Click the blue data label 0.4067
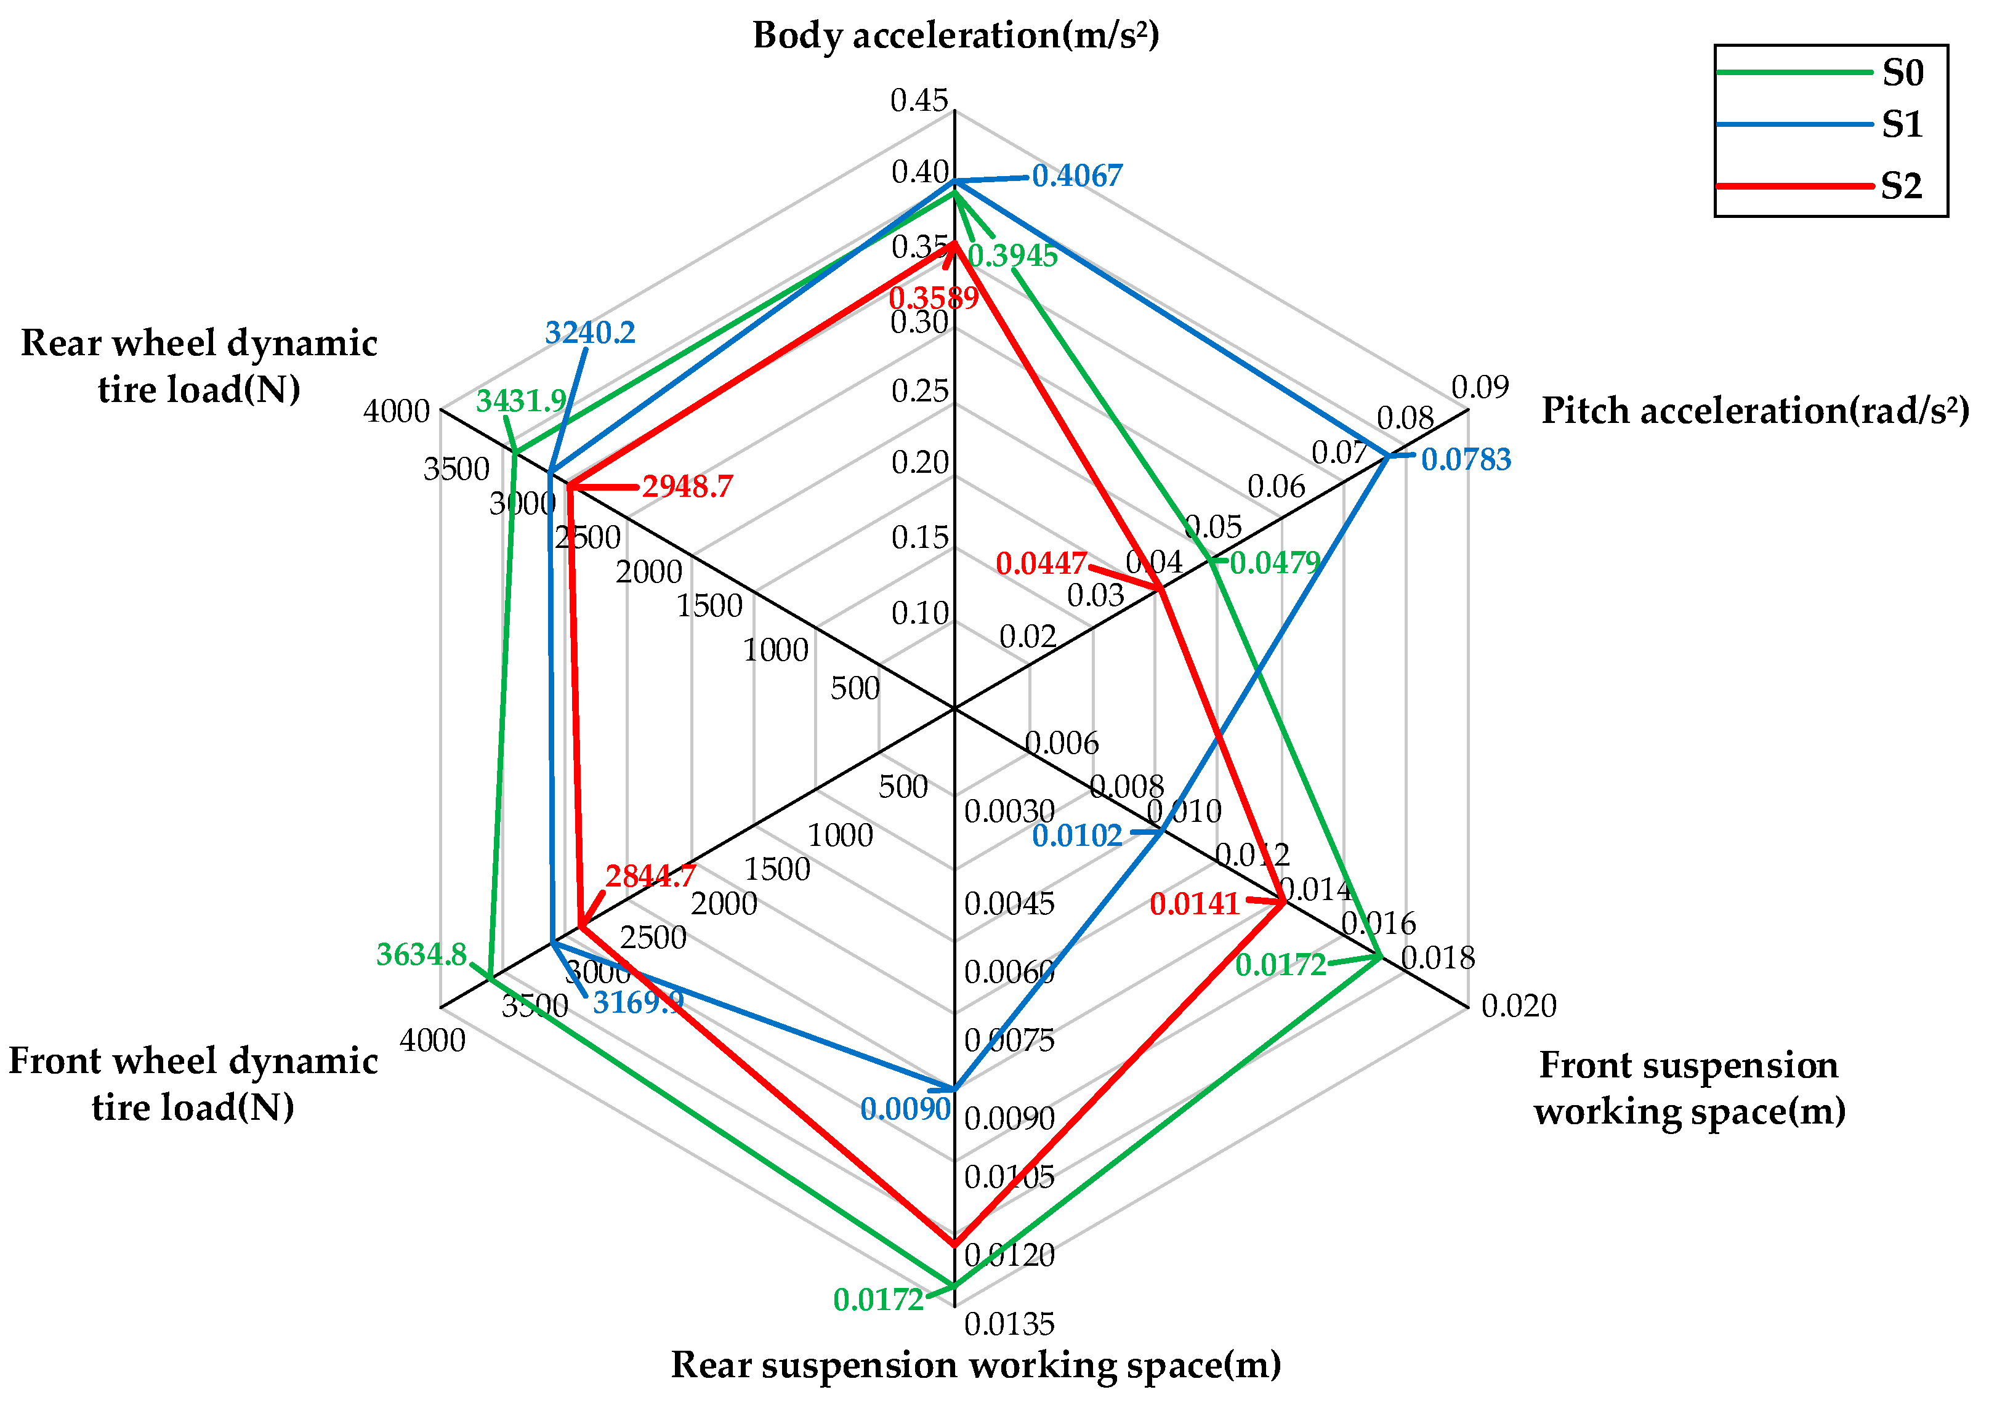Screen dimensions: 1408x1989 click(x=1077, y=176)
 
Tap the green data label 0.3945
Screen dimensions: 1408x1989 click(x=1013, y=255)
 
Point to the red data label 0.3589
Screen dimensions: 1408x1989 click(x=934, y=298)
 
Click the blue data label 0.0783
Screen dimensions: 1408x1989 click(x=1466, y=459)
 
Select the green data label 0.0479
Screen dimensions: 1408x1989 click(x=1275, y=563)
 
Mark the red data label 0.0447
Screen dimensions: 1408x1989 click(x=1041, y=563)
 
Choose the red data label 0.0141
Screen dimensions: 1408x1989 click(x=1195, y=904)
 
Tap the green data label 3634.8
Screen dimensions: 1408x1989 click(x=421, y=954)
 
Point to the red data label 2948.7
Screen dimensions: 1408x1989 click(x=688, y=486)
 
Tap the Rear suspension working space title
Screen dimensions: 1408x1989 click(x=975, y=1365)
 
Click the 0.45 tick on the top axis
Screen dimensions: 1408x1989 click(x=919, y=100)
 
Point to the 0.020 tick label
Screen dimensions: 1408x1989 click(x=1519, y=1006)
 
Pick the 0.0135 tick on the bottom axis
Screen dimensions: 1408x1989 click(x=1009, y=1324)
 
